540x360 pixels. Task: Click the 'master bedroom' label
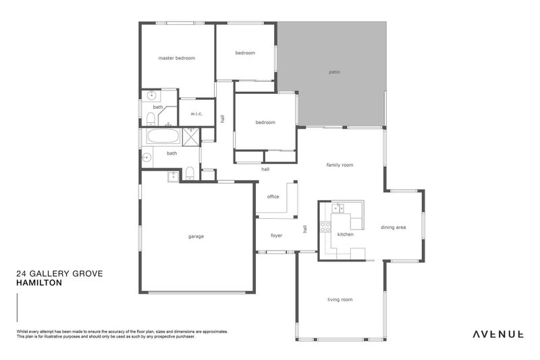(x=176, y=58)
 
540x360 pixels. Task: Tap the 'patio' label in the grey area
(x=334, y=71)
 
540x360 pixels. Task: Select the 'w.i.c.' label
(x=197, y=113)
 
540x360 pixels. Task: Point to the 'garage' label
(x=196, y=236)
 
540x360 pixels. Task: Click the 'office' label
(x=273, y=197)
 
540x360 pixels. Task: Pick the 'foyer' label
(x=276, y=236)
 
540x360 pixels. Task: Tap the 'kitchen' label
(x=345, y=234)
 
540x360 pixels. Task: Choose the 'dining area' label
(x=393, y=228)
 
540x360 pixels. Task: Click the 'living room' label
(x=340, y=299)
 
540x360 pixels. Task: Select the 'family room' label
(x=340, y=165)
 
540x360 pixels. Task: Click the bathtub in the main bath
(x=163, y=136)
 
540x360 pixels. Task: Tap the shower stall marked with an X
(x=191, y=136)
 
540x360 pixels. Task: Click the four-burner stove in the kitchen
(x=325, y=227)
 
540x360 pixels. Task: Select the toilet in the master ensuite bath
(x=150, y=120)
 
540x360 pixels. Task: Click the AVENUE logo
(x=498, y=334)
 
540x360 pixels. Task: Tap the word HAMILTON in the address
(x=38, y=284)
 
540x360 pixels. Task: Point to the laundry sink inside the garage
(x=173, y=176)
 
